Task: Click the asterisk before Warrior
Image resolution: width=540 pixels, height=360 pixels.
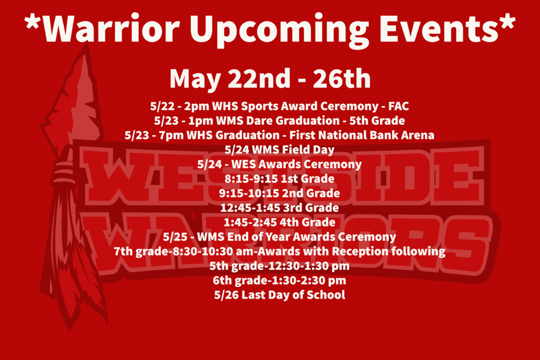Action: [32, 22]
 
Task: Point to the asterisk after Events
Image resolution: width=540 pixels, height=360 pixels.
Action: [507, 22]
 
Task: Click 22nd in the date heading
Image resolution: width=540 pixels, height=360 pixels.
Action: [259, 79]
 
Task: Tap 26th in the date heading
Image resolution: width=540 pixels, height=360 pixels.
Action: [342, 79]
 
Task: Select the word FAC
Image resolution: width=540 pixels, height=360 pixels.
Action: [399, 106]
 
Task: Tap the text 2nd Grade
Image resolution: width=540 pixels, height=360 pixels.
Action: [311, 193]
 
